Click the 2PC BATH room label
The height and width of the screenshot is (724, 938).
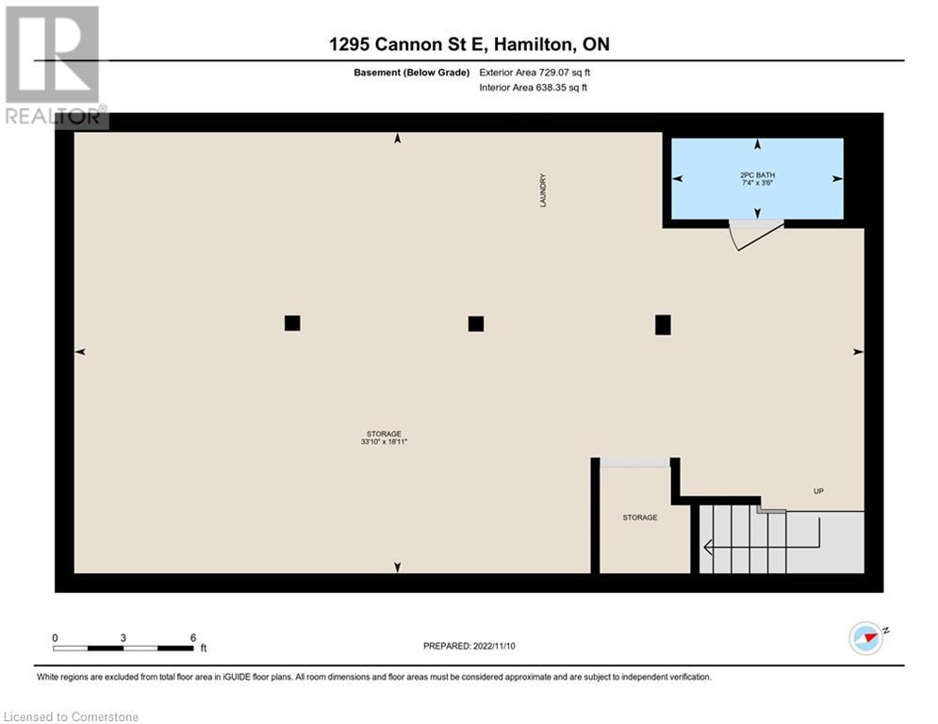(757, 175)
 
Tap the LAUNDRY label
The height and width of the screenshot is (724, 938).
(543, 189)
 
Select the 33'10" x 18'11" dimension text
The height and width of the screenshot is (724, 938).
(383, 441)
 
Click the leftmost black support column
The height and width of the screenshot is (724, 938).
(292, 323)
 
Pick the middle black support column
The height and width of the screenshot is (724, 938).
(476, 323)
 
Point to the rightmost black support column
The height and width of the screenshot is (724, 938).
(663, 324)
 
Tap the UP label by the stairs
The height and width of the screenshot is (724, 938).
(819, 491)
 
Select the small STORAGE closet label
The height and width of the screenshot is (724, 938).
(640, 518)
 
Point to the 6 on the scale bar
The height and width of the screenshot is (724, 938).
(192, 637)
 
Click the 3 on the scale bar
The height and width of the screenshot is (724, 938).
(123, 637)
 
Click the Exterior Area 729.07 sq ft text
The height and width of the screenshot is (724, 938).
(535, 72)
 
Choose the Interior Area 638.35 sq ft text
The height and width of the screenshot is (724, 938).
(535, 88)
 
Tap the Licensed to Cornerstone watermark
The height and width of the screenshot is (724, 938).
(71, 716)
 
